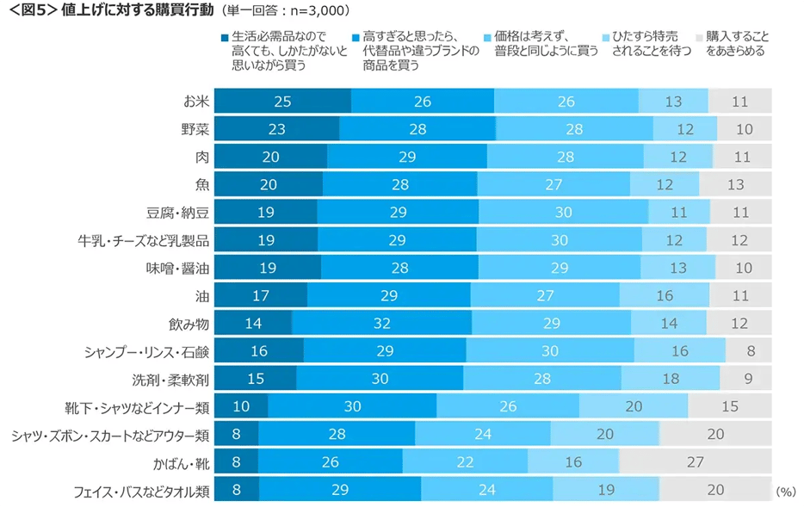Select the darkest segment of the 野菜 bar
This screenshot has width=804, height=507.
click(x=276, y=129)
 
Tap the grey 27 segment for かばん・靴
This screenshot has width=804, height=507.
click(x=694, y=461)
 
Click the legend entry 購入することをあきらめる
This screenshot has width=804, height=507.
click(x=736, y=45)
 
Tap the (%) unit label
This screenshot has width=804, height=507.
click(x=787, y=491)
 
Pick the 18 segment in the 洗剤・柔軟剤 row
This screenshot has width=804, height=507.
click(x=670, y=379)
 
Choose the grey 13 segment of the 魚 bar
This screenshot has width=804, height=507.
click(x=734, y=184)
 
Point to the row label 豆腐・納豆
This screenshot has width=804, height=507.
click(x=178, y=212)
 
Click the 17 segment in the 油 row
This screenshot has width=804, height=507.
click(x=260, y=295)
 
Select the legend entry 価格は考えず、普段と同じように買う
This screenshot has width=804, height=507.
click(x=544, y=45)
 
